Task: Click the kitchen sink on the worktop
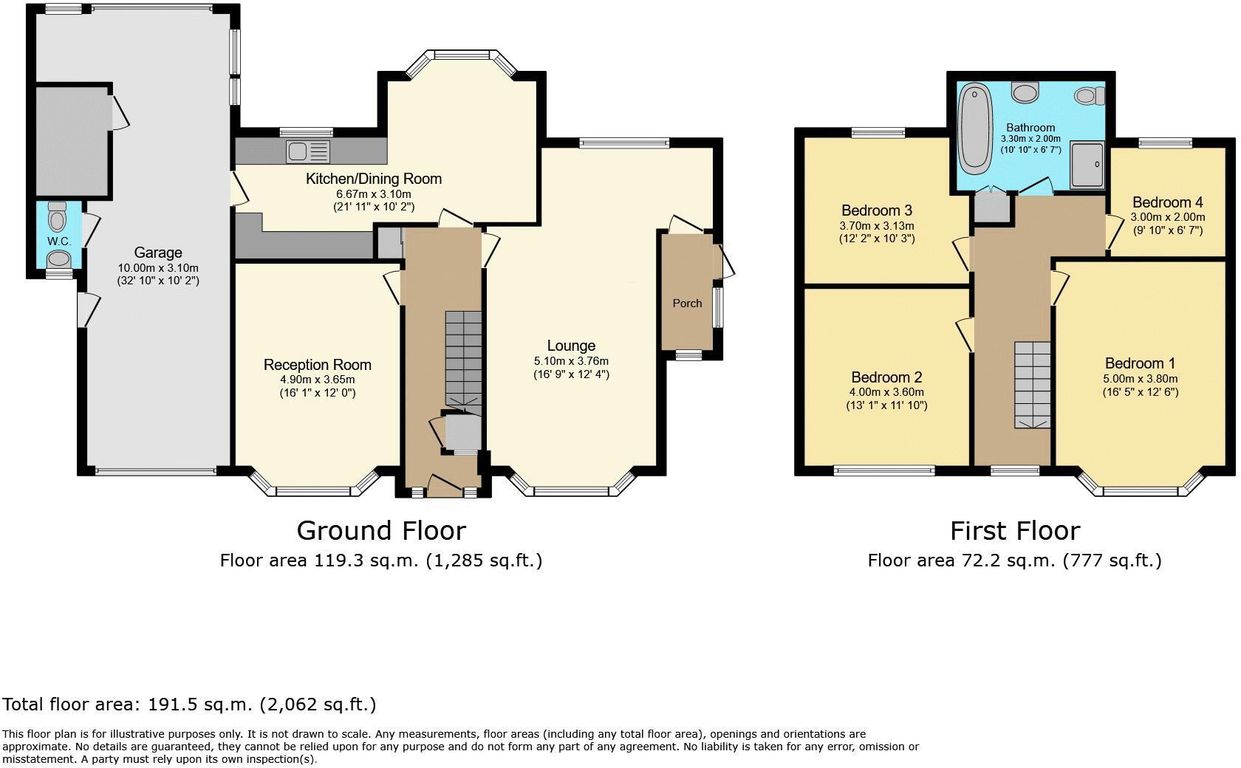point(308,151)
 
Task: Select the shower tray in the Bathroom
point(1087,165)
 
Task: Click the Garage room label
point(158,253)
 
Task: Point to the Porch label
point(687,304)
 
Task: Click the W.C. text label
point(59,241)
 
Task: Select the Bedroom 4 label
point(1168,202)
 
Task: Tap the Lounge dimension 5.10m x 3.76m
point(571,361)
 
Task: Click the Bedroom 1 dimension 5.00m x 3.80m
point(1141,379)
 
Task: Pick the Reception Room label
point(318,365)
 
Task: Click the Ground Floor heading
point(381,530)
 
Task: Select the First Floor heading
point(1015,531)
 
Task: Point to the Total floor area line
point(189,704)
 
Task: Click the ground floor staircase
point(464,363)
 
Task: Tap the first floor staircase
point(1032,385)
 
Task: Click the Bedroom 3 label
point(876,210)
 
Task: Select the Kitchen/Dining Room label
point(374,179)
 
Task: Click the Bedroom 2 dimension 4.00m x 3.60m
point(886,392)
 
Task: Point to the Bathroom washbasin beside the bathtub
point(1025,92)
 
